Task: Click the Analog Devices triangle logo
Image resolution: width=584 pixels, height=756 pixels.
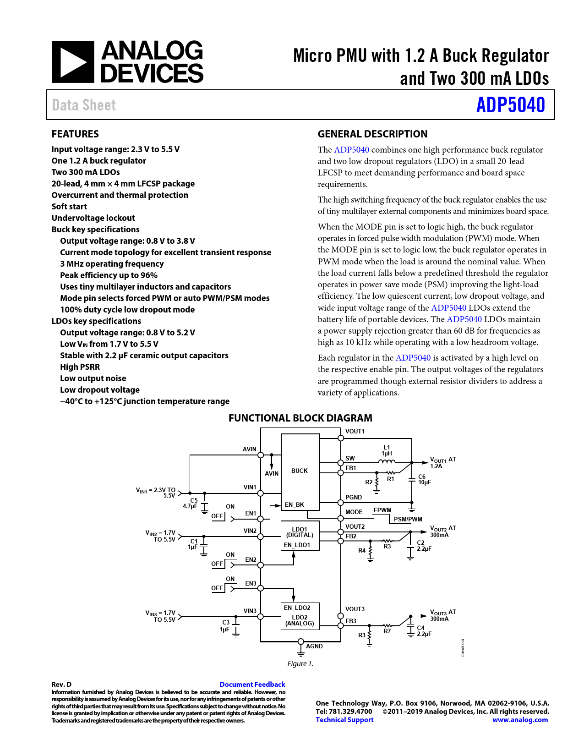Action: pos(73,62)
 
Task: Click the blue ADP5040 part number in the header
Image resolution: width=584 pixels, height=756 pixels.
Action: pos(510,105)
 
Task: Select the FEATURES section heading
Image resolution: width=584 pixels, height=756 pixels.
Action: pos(75,134)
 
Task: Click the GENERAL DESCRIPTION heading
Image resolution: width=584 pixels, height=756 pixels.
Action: pos(372,134)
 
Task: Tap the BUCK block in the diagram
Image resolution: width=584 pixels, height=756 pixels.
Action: pos(300,471)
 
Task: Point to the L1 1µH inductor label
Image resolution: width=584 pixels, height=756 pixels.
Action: pos(387,450)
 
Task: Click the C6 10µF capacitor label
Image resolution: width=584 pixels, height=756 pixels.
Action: pos(424,480)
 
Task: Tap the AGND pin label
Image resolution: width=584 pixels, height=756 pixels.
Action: pos(314,646)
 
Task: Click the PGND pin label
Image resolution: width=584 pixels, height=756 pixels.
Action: pos(354,498)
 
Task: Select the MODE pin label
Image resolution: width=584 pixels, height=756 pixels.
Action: pos(354,512)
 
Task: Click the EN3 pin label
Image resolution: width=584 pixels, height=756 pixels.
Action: pos(251,584)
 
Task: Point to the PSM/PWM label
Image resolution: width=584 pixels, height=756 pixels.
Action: pos(408,520)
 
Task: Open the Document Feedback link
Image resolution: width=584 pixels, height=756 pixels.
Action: pos(252,685)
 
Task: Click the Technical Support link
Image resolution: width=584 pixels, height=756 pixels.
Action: pos(344,720)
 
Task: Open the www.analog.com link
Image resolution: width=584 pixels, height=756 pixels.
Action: pos(520,720)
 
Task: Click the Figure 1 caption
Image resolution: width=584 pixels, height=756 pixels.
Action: pos(300,664)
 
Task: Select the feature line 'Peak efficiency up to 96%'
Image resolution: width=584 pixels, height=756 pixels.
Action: pos(109,275)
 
